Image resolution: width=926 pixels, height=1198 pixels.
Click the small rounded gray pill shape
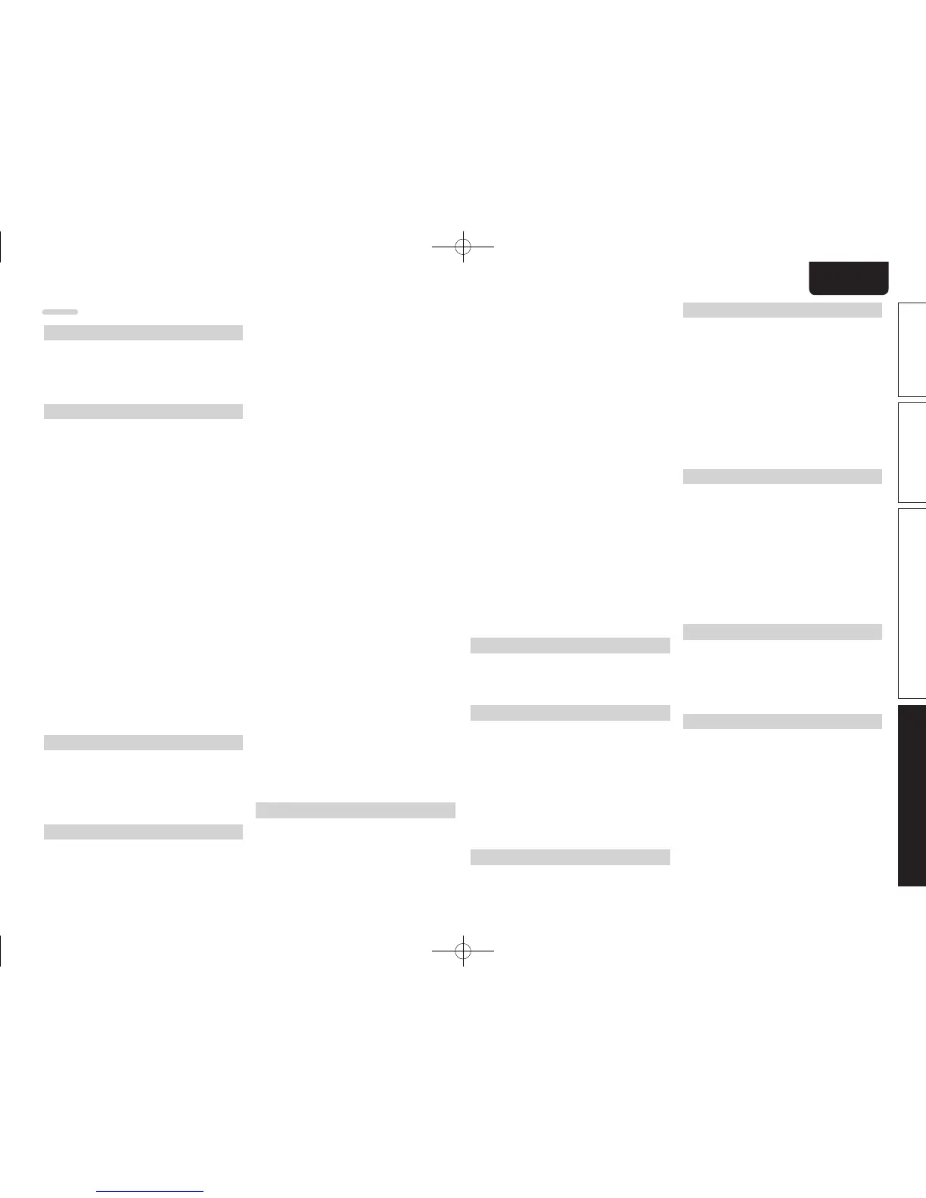[x=60, y=312]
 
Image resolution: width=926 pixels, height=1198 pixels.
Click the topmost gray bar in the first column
[x=143, y=333]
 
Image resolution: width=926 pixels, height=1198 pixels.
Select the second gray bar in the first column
[x=143, y=411]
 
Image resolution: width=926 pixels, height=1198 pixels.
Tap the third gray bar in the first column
[x=143, y=743]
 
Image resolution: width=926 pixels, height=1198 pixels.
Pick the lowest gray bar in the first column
[x=143, y=832]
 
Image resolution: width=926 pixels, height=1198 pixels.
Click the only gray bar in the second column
[x=356, y=810]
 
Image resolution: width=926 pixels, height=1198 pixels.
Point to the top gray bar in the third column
[x=570, y=645]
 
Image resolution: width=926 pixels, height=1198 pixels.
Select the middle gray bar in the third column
[x=570, y=712]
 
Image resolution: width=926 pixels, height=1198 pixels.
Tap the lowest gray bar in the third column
[x=570, y=857]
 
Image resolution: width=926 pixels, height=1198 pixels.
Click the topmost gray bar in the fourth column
[x=782, y=310]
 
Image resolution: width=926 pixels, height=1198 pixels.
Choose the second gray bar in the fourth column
[x=782, y=476]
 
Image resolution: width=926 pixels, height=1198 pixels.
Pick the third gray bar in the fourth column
[x=782, y=632]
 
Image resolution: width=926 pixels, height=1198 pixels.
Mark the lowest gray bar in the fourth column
[x=782, y=722]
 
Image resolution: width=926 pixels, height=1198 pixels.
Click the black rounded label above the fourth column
[x=848, y=278]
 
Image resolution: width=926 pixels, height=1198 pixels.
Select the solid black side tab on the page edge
[x=912, y=795]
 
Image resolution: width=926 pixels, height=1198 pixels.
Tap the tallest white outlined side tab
[x=912, y=604]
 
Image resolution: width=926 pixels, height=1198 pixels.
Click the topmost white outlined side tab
[x=912, y=349]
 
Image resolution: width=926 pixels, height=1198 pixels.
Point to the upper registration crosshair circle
[x=463, y=246]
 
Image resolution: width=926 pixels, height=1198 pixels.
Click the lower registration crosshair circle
[x=463, y=951]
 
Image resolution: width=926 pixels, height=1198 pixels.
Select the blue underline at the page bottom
[x=151, y=1192]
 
